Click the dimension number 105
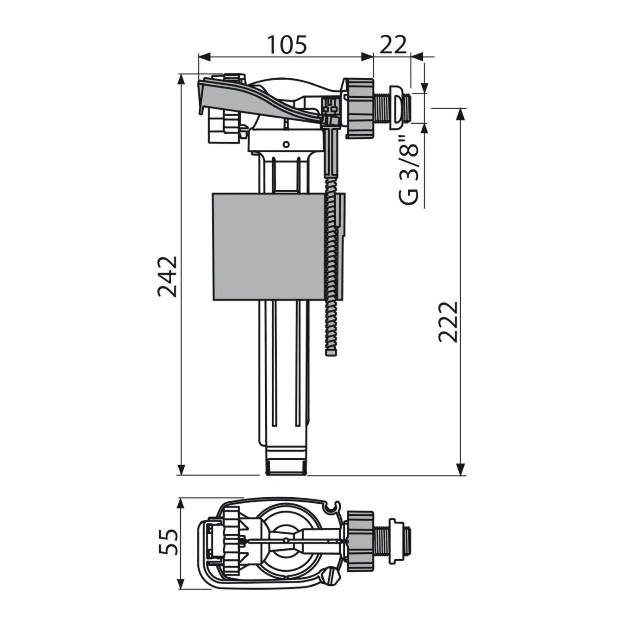click(287, 45)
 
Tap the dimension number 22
click(393, 45)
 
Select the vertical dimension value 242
click(168, 276)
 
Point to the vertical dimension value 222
click(448, 322)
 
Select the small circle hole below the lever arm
click(286, 144)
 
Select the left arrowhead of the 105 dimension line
click(204, 57)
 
